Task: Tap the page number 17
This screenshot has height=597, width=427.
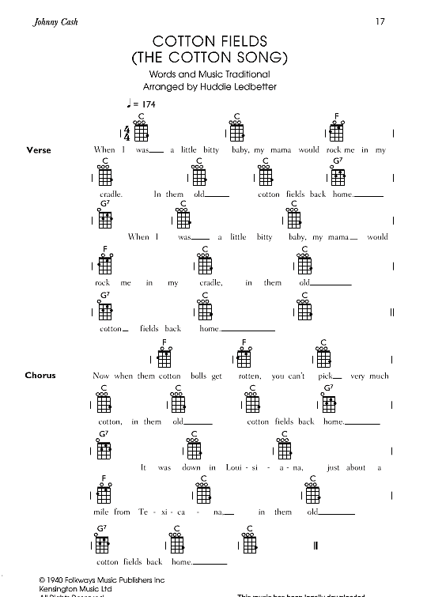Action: click(x=380, y=21)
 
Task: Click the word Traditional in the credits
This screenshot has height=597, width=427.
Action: click(x=244, y=74)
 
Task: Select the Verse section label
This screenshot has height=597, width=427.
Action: click(x=38, y=149)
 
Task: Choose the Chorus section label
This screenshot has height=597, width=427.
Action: click(x=40, y=375)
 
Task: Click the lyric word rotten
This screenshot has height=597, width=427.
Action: click(x=249, y=376)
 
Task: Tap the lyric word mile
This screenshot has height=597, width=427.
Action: click(x=101, y=512)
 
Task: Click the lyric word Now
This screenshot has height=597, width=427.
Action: click(x=101, y=376)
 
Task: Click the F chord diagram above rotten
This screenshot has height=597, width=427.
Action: click(x=245, y=354)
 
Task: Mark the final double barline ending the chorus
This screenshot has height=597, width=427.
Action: click(x=316, y=546)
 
